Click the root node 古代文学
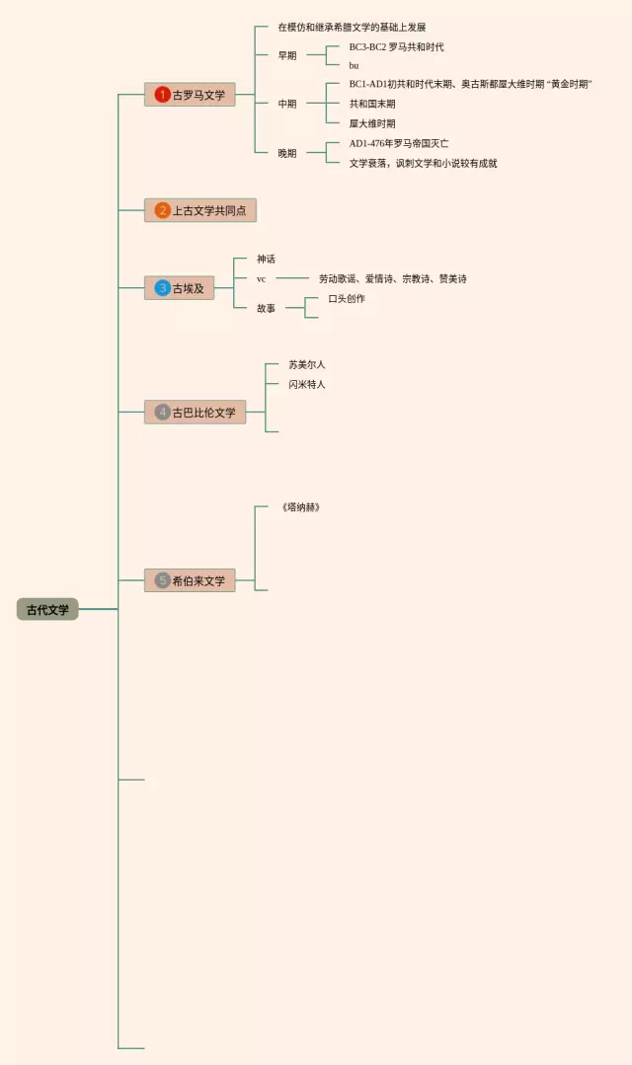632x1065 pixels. [47, 609]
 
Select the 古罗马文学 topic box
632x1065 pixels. [190, 95]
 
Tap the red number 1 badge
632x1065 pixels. [163, 95]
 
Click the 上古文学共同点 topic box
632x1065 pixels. [200, 210]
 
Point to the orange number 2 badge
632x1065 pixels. [163, 210]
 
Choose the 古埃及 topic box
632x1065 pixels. [179, 288]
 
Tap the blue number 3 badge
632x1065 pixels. [163, 288]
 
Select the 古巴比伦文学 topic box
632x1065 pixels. [195, 412]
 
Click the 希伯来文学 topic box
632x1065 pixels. [190, 580]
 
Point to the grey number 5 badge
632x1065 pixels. [163, 580]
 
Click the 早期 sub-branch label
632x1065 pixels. [286, 55]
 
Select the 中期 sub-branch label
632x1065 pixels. [286, 104]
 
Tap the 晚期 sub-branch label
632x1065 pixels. [286, 153]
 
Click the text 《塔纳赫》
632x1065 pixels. [300, 507]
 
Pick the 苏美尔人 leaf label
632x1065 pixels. [306, 364]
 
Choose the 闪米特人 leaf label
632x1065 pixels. [306, 384]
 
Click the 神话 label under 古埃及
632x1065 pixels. [266, 259]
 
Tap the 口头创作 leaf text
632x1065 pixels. [347, 298]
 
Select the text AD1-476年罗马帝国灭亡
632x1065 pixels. [398, 143]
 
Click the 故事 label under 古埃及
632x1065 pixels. [266, 308]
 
